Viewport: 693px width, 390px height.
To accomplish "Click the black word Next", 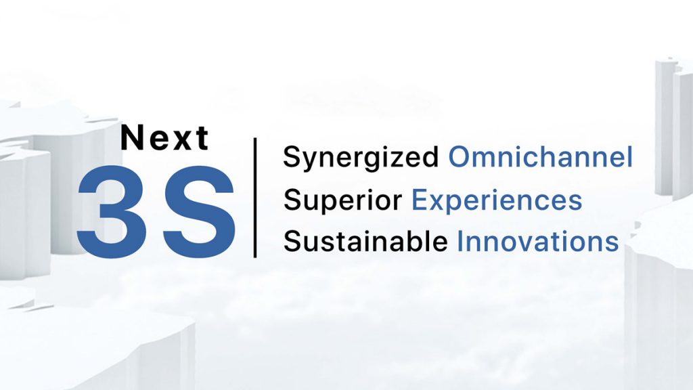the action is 164,137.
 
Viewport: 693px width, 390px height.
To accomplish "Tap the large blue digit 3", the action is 112,212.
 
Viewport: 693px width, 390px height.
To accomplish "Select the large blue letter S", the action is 198,212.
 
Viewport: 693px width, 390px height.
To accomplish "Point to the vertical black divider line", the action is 255,198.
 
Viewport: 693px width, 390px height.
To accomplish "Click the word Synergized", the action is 361,158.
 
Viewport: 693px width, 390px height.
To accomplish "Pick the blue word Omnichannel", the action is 541,156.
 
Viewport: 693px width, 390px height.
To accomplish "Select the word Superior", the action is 342,200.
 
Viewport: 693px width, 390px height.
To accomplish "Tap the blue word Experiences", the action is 497,200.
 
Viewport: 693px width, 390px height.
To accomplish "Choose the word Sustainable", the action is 365,242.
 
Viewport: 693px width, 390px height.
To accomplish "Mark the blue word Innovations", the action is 537,242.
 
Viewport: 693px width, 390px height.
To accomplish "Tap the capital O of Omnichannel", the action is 460,157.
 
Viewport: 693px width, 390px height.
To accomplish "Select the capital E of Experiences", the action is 420,200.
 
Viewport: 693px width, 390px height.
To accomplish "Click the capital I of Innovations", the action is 460,242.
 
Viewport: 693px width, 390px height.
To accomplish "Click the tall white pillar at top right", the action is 672,128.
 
